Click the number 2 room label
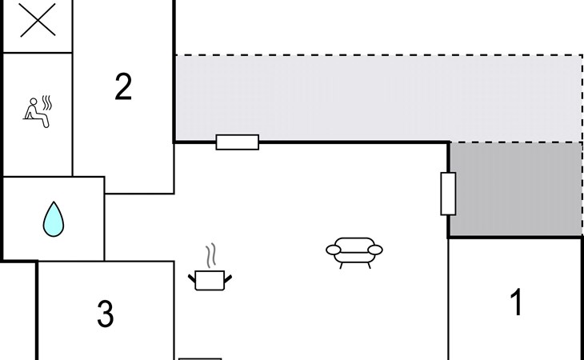(x=122, y=86)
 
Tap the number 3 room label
(x=105, y=314)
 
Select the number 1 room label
(x=517, y=303)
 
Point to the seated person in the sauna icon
(x=34, y=111)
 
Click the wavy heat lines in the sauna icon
(x=48, y=103)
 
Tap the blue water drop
(x=54, y=218)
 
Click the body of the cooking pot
(x=210, y=280)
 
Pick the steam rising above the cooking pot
(x=210, y=256)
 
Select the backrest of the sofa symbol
(x=354, y=242)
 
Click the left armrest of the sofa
(x=333, y=251)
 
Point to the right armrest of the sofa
(x=376, y=250)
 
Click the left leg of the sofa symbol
(x=342, y=264)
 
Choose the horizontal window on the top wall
(x=238, y=142)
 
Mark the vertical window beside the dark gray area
(x=448, y=194)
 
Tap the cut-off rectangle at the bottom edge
(x=200, y=358)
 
